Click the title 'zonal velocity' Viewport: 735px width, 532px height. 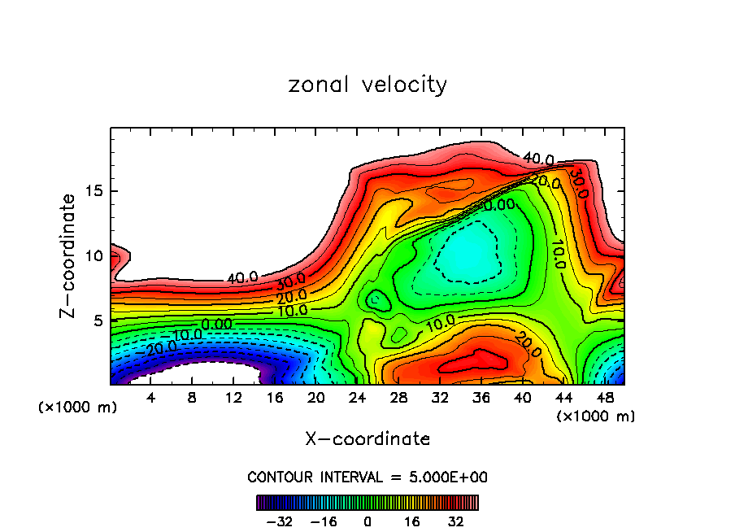tap(367, 85)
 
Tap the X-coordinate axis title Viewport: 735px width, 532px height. tap(367, 439)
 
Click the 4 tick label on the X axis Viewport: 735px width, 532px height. tap(151, 398)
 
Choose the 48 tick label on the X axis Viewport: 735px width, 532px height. tap(604, 398)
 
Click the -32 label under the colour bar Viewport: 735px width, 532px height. tap(281, 521)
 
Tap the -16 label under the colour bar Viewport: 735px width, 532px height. tap(324, 521)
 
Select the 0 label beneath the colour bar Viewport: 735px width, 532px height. tap(367, 521)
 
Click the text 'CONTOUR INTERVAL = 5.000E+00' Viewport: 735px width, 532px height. tap(367, 477)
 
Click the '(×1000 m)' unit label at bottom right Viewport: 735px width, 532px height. tap(596, 416)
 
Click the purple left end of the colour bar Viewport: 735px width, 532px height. tap(260, 503)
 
